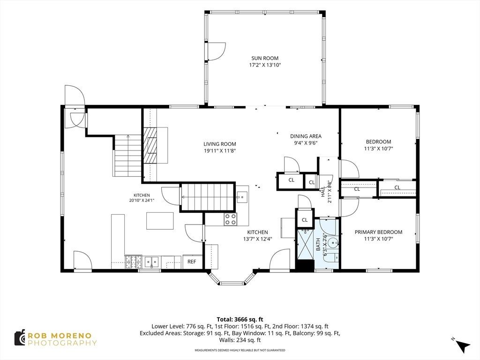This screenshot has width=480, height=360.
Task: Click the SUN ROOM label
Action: [265, 58]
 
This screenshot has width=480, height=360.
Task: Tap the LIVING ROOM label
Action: [220, 144]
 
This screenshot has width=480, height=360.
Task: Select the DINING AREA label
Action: [306, 136]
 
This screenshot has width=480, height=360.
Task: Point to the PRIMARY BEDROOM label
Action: [378, 232]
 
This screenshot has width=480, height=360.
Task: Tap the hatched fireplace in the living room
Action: [150, 145]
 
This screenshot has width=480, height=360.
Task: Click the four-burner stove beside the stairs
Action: [230, 219]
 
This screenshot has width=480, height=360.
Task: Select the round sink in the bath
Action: [332, 243]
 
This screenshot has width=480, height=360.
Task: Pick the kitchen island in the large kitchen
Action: [160, 221]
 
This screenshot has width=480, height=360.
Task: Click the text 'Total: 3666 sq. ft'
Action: [240, 320]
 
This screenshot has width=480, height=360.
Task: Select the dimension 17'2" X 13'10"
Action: [265, 65]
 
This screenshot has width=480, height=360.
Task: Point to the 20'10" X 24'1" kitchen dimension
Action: [142, 201]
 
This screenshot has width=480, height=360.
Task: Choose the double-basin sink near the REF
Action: [152, 262]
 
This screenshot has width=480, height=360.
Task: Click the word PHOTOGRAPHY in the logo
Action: [62, 343]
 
